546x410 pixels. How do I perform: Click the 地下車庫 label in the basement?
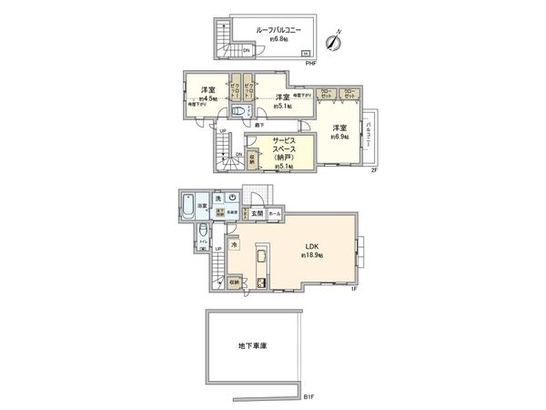(x=258, y=347)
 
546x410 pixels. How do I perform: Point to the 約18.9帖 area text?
(x=313, y=256)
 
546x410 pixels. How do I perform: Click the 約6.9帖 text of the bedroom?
(x=340, y=137)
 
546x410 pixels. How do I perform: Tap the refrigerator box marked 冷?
(x=234, y=245)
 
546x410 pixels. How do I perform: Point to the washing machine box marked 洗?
(x=218, y=199)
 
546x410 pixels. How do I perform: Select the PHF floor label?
(x=310, y=64)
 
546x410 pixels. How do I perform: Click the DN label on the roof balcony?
(x=247, y=51)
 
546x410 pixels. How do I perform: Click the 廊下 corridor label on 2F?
(x=259, y=124)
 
